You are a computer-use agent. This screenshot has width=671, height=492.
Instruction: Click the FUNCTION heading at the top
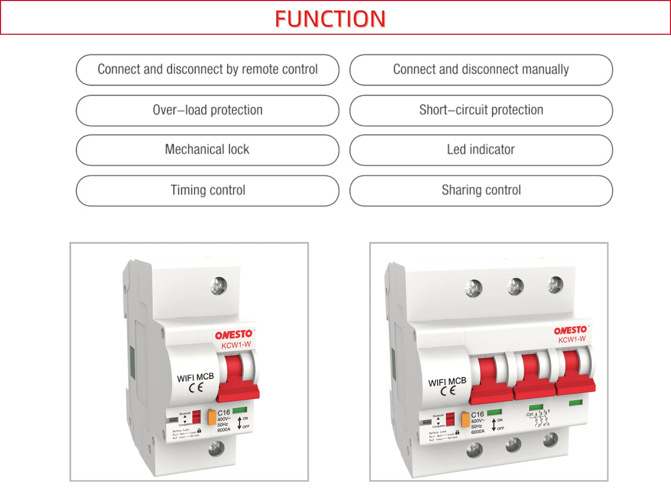(330, 18)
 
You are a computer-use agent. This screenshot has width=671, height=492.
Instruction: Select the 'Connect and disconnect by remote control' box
(207, 70)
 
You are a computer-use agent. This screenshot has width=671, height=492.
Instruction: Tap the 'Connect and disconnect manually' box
(481, 70)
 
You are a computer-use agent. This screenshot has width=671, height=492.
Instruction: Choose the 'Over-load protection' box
(207, 110)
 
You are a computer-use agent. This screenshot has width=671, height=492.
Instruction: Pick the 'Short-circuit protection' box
(481, 110)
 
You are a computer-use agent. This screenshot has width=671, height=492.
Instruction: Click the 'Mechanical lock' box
(207, 150)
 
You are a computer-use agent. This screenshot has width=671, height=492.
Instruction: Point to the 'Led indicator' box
(481, 150)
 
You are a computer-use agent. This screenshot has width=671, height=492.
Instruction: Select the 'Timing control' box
(207, 191)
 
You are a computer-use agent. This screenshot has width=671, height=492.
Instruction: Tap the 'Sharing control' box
(481, 191)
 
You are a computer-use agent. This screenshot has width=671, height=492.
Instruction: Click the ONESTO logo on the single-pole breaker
(234, 335)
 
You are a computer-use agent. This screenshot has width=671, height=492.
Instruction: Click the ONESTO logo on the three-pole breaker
(570, 330)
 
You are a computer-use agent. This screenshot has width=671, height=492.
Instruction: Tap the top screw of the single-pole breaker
(219, 286)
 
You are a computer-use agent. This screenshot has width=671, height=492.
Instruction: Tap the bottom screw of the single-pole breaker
(217, 449)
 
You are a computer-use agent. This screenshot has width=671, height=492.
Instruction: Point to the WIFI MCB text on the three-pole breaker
(447, 382)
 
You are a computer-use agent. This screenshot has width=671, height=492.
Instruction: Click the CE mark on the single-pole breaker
(196, 387)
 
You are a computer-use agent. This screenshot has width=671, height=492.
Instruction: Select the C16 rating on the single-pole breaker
(224, 413)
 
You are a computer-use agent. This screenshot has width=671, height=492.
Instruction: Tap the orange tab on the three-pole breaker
(465, 419)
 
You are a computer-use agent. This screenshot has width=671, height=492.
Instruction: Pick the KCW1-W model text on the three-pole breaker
(572, 339)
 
